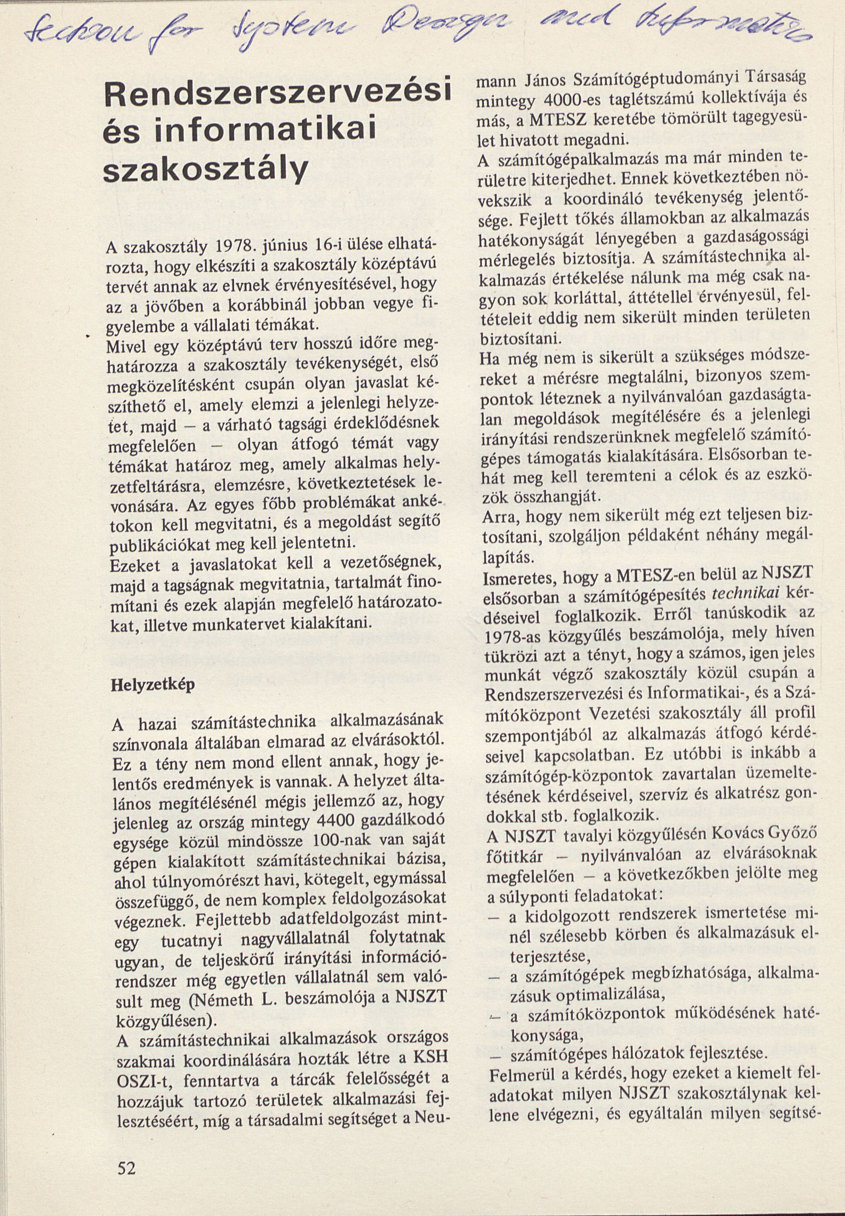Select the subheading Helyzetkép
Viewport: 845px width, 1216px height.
pos(153,684)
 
